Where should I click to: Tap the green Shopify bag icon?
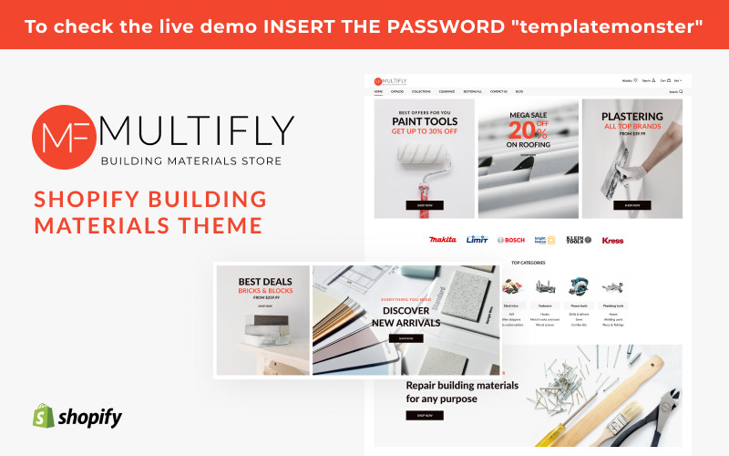pos(42,417)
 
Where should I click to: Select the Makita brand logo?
pos(442,241)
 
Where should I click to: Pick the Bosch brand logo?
pos(511,241)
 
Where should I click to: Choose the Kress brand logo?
pos(612,241)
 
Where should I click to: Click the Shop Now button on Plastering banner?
pos(631,205)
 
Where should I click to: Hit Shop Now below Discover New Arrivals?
pos(406,338)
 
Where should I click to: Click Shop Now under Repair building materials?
pos(425,415)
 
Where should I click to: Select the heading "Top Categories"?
pos(529,263)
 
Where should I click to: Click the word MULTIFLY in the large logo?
pos(197,131)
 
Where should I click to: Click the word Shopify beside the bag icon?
pos(90,418)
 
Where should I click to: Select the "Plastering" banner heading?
pos(631,116)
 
